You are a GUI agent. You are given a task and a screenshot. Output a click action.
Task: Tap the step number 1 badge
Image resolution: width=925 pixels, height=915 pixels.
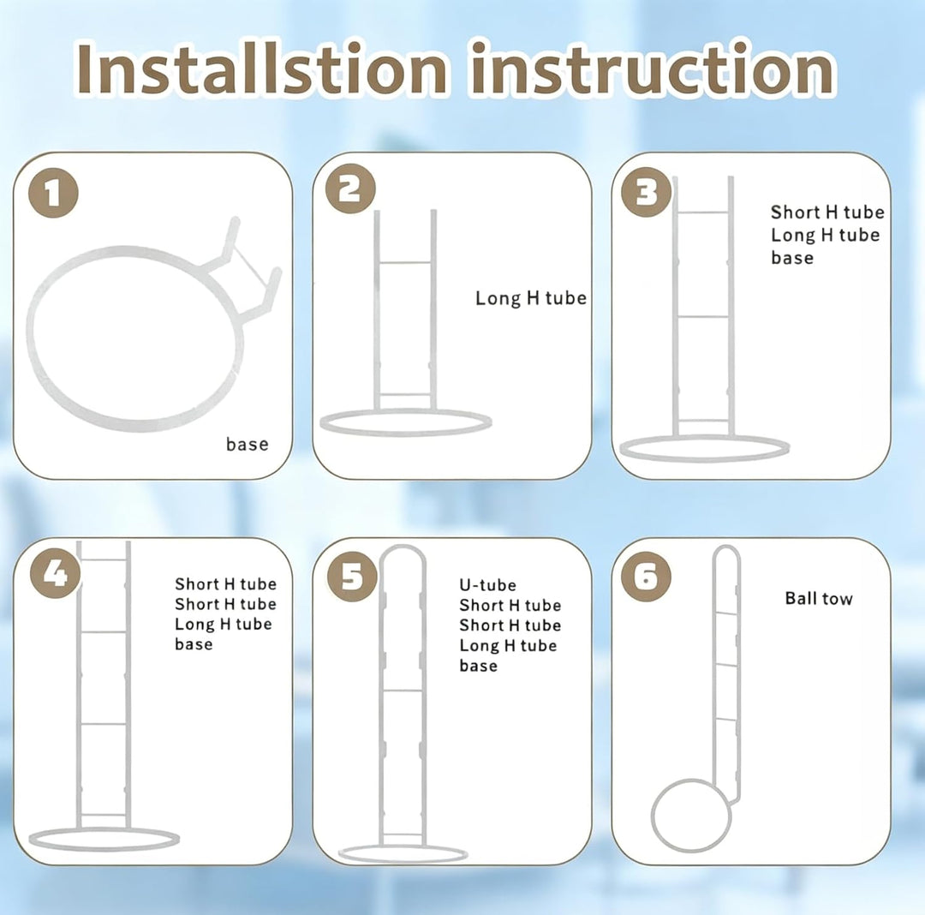click(53, 193)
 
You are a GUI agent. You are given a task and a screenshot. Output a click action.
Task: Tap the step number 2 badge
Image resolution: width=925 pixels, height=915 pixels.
click(350, 188)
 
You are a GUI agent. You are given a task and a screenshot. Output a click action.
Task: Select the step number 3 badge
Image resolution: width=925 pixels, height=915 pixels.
click(646, 192)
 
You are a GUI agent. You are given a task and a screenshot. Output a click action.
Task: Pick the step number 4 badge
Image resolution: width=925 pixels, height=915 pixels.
click(56, 573)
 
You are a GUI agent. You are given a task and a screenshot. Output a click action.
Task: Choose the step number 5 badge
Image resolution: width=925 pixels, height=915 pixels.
click(352, 576)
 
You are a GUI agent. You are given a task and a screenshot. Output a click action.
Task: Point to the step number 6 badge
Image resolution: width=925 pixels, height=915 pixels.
click(646, 577)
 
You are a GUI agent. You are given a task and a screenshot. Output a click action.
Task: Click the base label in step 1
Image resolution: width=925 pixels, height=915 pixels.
click(248, 444)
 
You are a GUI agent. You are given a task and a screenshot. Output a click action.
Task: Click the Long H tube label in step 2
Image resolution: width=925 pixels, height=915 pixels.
click(531, 298)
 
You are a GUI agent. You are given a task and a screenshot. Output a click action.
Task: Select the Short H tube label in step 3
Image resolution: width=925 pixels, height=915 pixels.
click(827, 212)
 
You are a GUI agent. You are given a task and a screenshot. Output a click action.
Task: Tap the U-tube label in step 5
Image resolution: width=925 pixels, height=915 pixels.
click(488, 584)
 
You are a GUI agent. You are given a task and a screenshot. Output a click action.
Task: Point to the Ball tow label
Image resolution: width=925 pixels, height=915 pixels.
click(819, 598)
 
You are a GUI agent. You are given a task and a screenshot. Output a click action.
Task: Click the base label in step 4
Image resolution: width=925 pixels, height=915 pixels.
click(194, 643)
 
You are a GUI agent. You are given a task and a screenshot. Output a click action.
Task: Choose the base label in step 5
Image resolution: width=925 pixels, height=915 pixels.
click(479, 666)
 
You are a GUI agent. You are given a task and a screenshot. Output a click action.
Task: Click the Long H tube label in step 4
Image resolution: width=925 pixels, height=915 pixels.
click(223, 624)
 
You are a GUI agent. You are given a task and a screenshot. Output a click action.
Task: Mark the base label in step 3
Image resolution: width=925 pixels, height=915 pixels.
click(792, 258)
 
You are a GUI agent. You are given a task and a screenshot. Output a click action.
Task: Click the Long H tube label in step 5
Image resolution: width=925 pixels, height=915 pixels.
click(508, 645)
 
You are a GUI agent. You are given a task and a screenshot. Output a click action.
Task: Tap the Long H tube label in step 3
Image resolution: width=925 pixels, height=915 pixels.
click(826, 235)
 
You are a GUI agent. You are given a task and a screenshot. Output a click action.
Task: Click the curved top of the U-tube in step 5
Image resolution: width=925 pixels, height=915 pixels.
click(402, 548)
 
